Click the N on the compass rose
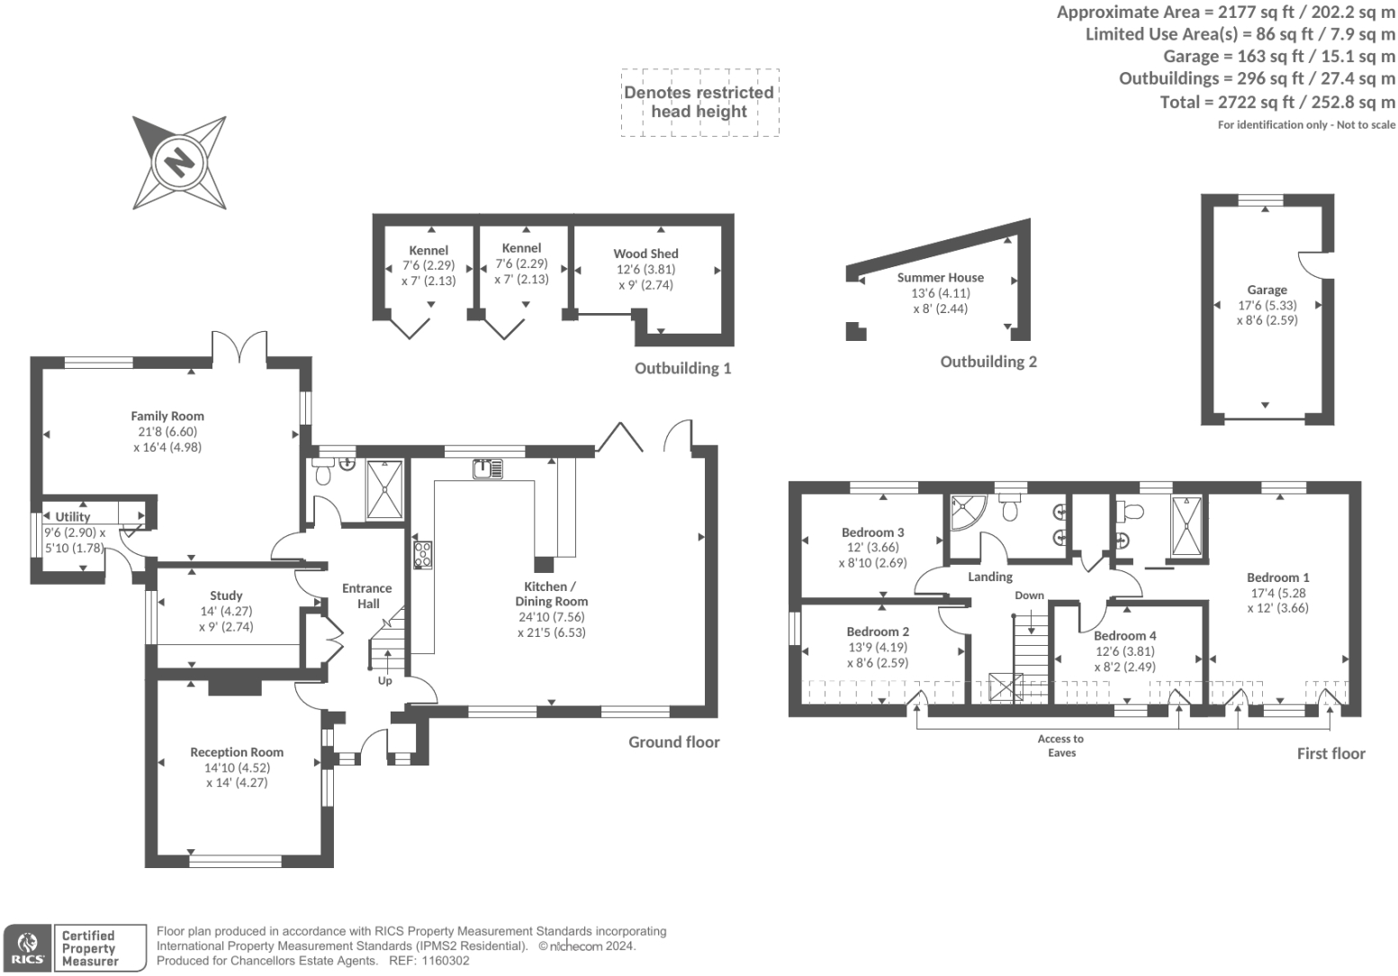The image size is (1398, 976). (180, 162)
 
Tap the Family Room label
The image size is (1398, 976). (167, 416)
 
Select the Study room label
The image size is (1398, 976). (226, 595)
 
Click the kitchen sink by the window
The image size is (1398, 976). (487, 469)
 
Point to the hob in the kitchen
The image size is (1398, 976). (422, 554)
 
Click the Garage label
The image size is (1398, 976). (1267, 290)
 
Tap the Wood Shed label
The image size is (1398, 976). (645, 254)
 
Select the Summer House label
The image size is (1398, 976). (940, 278)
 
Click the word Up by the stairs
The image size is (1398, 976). (385, 680)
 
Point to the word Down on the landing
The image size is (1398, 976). (1029, 595)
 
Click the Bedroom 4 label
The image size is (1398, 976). (1124, 636)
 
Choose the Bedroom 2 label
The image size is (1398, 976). (878, 631)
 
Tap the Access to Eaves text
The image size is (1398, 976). (1061, 746)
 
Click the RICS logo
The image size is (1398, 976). (28, 948)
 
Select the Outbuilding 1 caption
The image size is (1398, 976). (682, 369)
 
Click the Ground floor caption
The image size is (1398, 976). (674, 742)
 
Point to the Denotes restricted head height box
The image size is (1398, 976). (699, 103)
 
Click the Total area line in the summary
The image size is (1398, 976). (1277, 103)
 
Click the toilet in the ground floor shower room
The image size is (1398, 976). (322, 472)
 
